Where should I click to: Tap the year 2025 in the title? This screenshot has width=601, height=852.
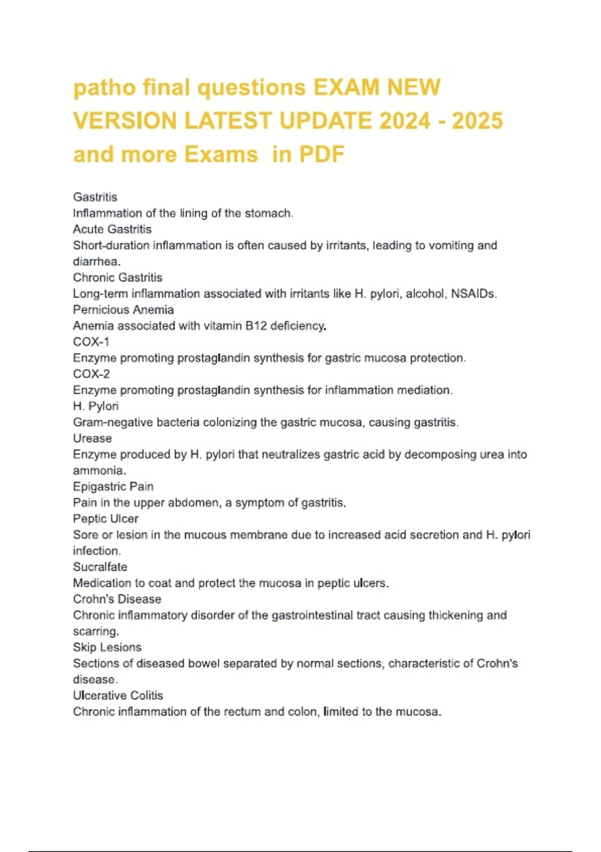[477, 121]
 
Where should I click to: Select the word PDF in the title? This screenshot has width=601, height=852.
[322, 154]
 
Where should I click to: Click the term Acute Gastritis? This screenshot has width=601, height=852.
[112, 230]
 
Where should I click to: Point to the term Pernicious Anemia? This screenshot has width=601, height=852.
[123, 310]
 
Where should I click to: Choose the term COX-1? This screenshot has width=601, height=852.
[91, 342]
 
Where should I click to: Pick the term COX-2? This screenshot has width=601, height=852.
[91, 374]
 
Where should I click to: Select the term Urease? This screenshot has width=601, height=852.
[92, 438]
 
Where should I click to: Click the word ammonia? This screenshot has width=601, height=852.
[99, 471]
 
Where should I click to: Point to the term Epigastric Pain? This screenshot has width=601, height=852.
[113, 487]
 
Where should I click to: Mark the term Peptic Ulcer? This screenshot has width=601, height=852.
[106, 519]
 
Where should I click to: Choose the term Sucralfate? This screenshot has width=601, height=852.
[100, 567]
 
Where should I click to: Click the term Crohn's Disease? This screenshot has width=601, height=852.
[117, 599]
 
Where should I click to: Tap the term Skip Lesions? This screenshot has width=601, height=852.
[107, 647]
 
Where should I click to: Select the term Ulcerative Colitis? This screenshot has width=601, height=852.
[118, 695]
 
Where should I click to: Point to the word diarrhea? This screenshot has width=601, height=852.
[96, 262]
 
